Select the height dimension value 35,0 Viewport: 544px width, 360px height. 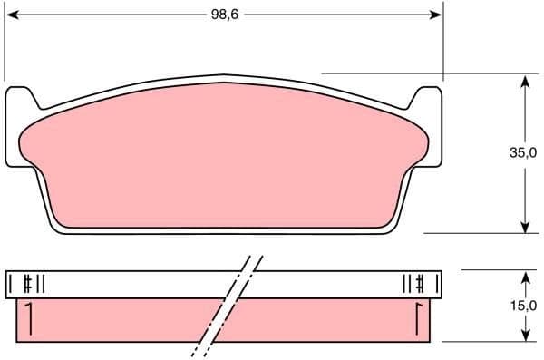[x=521, y=153]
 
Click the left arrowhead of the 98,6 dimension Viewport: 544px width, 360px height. [x=11, y=15]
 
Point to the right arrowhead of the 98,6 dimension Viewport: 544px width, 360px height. [x=436, y=15]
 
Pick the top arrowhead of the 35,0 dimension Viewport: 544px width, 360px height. [x=525, y=81]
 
